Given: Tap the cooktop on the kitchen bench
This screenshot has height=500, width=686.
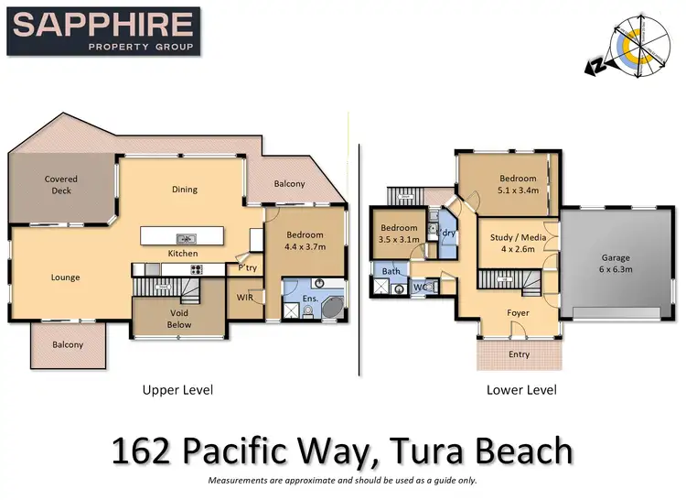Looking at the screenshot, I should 196,269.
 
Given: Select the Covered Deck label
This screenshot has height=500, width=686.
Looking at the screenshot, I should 61,185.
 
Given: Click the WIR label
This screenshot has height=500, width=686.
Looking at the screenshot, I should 244,297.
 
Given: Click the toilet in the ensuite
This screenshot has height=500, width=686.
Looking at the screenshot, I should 308,312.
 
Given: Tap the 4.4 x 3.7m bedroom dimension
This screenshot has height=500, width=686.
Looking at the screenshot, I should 305,246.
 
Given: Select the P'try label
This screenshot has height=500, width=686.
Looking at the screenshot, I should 247,268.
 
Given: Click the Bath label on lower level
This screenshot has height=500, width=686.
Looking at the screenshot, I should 391,271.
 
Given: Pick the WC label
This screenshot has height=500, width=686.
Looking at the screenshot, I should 420,287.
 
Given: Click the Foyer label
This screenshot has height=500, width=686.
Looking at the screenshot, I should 518,312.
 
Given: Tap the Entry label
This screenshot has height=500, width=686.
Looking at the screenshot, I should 518,353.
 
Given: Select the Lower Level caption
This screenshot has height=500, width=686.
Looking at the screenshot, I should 521,390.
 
